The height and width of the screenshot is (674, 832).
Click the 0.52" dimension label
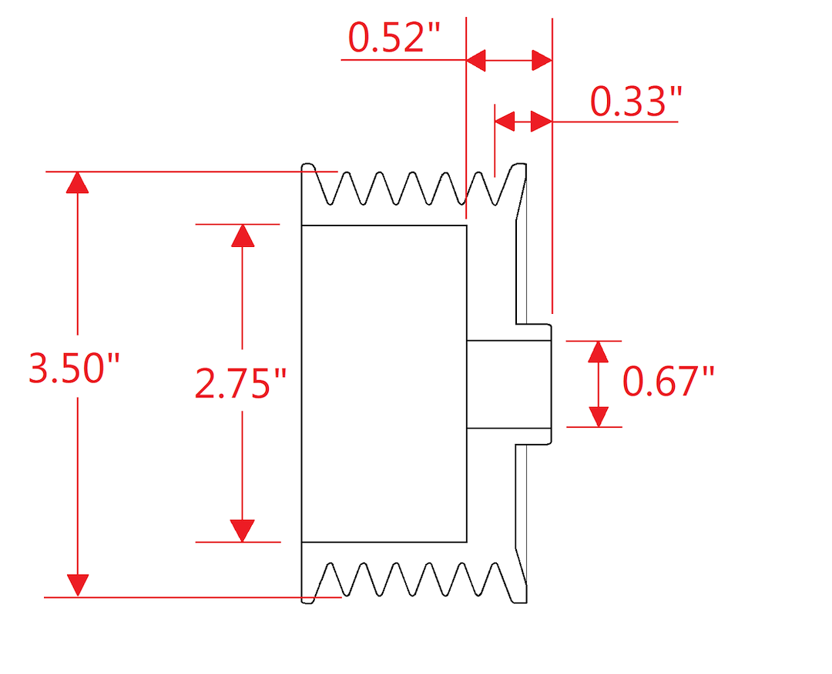394,38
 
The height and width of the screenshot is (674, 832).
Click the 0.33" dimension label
636,102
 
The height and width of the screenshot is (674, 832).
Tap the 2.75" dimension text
240,383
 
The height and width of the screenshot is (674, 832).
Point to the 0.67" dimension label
668,382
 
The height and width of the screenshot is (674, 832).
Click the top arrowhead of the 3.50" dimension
78,182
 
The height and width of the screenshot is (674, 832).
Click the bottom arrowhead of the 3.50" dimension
78,586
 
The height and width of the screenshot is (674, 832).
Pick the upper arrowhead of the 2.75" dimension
243,235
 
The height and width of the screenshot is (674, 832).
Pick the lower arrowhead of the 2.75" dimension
242,531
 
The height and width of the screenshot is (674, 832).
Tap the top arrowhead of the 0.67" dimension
598,352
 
